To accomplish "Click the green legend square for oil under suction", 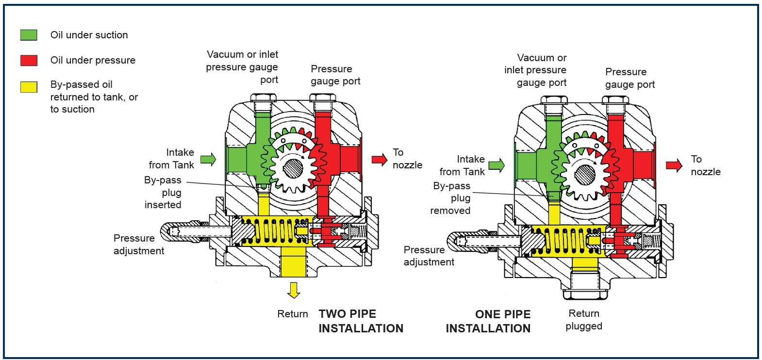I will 29,35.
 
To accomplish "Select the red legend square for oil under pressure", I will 29,60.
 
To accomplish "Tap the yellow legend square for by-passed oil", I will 29,87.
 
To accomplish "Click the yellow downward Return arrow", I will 293,290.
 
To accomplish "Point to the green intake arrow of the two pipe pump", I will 208,159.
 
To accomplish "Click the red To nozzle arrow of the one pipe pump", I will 674,165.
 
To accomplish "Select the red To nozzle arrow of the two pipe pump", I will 380,159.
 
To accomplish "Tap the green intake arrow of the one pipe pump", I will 496,165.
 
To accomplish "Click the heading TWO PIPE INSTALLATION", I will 361,321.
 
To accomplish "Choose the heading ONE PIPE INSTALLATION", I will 488,321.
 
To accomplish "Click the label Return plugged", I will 584,320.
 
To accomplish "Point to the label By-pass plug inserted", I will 163,192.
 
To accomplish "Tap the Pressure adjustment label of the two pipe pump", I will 139,245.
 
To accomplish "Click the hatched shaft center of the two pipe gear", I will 293,168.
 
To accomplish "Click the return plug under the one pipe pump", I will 584,292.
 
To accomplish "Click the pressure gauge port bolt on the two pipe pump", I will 323,98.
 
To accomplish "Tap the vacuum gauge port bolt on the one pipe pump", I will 554,101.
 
